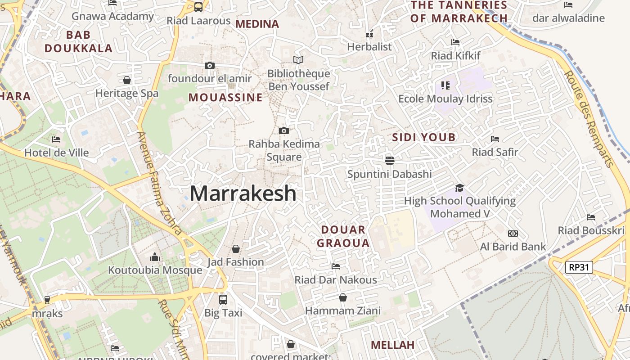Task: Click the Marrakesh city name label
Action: [x=243, y=193]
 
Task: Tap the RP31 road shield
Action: [x=579, y=267]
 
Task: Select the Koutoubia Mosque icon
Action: [x=155, y=257]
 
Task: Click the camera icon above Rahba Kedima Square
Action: [x=283, y=131]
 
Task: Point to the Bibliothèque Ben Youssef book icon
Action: [x=298, y=60]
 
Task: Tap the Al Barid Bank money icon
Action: [x=513, y=234]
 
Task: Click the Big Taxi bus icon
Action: [x=223, y=299]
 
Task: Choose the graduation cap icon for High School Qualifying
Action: [x=459, y=188]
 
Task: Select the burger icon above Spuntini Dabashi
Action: [x=390, y=161]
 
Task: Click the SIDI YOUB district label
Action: [x=424, y=137]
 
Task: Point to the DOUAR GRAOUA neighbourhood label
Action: [x=343, y=237]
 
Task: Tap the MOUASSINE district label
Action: [x=225, y=98]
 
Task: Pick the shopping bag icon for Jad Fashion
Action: [x=235, y=249]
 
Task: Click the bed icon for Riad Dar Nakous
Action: [x=335, y=266]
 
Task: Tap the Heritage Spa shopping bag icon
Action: [x=127, y=80]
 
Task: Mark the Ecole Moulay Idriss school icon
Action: [x=445, y=85]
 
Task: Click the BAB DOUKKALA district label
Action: [x=79, y=41]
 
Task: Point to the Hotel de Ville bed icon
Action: [x=56, y=139]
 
